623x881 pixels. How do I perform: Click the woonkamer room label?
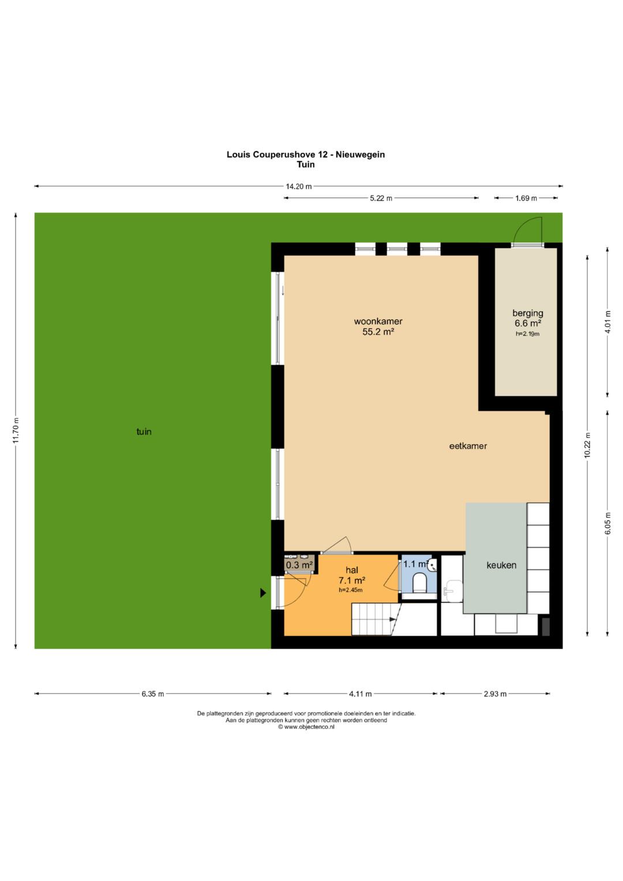378,321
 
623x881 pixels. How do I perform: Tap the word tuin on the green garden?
144,432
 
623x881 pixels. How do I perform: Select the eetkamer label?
468,446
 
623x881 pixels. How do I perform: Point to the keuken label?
501,565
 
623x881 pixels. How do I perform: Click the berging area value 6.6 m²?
528,323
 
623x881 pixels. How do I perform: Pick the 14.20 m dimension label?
299,186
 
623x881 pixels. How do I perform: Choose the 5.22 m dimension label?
381,198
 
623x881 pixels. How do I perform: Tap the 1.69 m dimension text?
526,198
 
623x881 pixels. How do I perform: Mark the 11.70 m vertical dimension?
16,430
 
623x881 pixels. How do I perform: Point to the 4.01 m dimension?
608,322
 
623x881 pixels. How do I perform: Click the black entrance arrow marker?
263,593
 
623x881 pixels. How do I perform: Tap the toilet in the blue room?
419,583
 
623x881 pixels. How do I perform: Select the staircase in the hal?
376,620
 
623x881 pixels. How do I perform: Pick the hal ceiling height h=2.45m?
351,590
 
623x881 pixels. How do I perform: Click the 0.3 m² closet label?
299,565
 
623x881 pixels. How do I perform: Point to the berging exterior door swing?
528,230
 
